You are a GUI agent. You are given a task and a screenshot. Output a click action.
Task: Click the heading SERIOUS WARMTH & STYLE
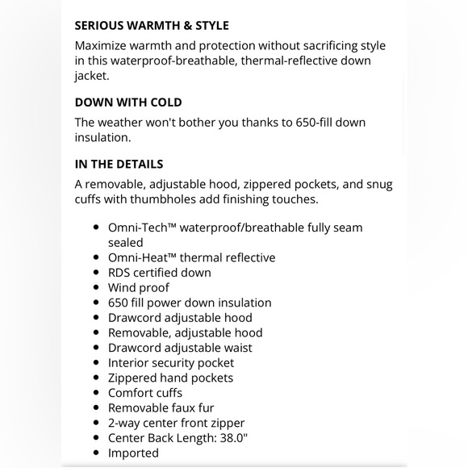pyautogui.click(x=152, y=26)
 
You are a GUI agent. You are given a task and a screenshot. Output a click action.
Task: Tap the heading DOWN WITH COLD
pyautogui.click(x=128, y=102)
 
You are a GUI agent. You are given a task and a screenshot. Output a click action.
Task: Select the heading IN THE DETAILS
pyautogui.click(x=119, y=164)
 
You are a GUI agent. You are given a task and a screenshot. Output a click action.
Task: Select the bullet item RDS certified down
pyautogui.click(x=160, y=273)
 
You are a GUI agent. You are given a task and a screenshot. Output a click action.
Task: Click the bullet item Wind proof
pyautogui.click(x=139, y=288)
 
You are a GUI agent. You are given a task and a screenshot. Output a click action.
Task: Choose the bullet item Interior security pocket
pyautogui.click(x=171, y=363)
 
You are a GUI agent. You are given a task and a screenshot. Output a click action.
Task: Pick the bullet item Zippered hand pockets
pyautogui.click(x=170, y=378)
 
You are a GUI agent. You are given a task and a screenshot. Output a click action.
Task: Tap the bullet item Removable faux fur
pyautogui.click(x=161, y=408)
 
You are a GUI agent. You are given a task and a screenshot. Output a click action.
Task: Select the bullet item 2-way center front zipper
pyautogui.click(x=176, y=423)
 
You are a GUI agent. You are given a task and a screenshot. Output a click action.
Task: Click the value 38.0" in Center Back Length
pyautogui.click(x=232, y=438)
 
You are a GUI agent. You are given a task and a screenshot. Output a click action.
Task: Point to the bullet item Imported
pyautogui.click(x=133, y=453)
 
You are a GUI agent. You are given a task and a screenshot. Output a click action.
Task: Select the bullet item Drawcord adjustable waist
pyautogui.click(x=180, y=348)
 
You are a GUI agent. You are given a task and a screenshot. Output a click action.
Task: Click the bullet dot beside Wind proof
pyautogui.click(x=97, y=288)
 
